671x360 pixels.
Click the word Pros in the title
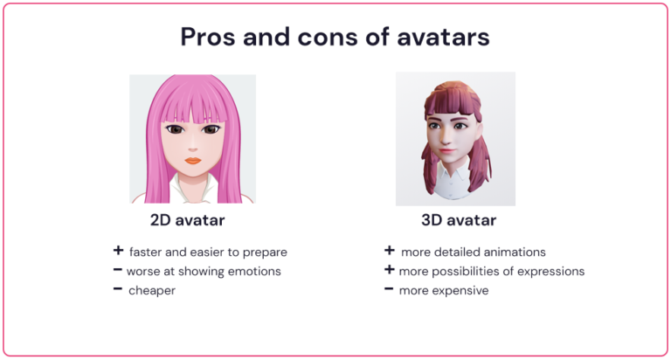[x=209, y=38]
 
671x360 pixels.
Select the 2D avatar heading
[x=188, y=220]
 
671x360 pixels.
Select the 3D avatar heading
[x=459, y=220]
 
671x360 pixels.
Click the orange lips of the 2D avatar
[x=193, y=160]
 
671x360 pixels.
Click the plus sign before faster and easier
[x=117, y=251]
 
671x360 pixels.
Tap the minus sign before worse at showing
[x=117, y=270]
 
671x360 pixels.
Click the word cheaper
[x=152, y=290]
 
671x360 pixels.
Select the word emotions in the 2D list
[x=252, y=271]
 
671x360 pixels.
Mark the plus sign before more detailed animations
[x=389, y=251]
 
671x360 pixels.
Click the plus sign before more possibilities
[x=389, y=270]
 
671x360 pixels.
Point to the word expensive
[x=460, y=290]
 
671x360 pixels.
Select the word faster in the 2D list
[x=148, y=252]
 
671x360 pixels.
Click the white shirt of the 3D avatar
[x=454, y=185]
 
